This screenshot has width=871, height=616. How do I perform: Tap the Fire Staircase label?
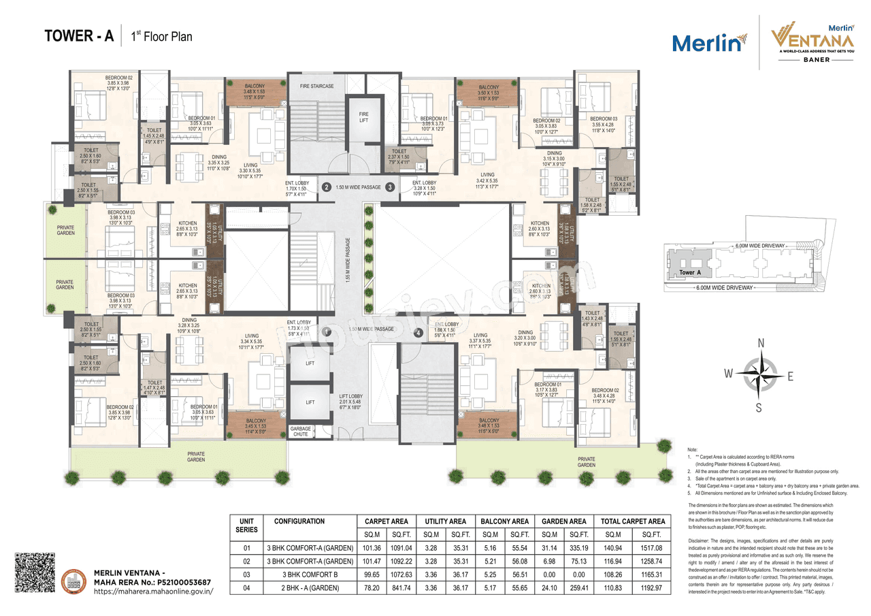(x=317, y=86)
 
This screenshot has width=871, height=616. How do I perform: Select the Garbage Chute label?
(x=300, y=431)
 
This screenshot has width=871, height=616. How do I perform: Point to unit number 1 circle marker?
(x=327, y=331)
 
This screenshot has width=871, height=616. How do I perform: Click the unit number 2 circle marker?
(x=326, y=187)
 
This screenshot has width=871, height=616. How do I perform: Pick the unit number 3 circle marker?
(x=390, y=187)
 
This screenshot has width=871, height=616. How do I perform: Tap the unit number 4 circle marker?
(x=419, y=333)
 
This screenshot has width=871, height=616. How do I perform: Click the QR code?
(x=34, y=574)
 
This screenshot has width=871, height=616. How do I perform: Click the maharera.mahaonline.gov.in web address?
(x=154, y=591)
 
